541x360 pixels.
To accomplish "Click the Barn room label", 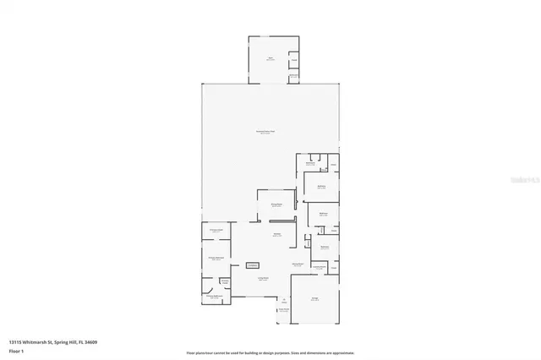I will pos(270,59).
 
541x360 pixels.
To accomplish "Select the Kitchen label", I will pos(276,235).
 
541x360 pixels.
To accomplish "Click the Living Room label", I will pos(263,278).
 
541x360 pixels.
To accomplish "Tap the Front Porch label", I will pos(285,310).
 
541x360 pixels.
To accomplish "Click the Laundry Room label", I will pos(320,267).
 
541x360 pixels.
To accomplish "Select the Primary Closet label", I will pos(216,231).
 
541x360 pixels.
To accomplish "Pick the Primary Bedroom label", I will pos(216,258).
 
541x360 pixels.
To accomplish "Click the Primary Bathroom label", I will pos(214,297).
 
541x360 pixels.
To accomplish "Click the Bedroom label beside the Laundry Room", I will pos(325,248).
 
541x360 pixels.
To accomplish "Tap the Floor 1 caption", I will pos(16,349).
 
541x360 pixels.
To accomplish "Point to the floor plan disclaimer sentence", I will pos(270,353).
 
